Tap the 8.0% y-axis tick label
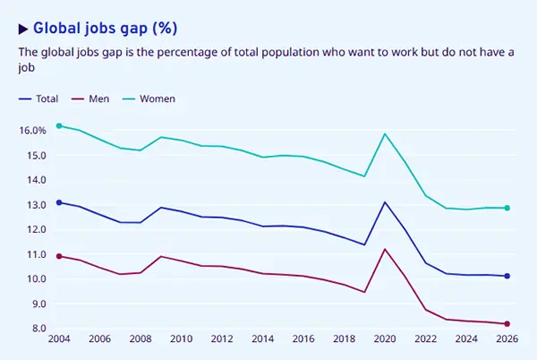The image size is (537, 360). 33,329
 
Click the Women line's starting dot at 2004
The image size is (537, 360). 59,126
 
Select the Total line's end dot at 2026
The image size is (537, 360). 507,276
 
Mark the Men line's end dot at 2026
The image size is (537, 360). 507,324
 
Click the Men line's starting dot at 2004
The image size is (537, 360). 59,256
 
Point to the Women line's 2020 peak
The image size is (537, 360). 385,134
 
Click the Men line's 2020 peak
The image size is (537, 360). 385,249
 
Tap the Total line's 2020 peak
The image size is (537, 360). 385,202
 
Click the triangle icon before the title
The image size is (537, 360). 24,27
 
